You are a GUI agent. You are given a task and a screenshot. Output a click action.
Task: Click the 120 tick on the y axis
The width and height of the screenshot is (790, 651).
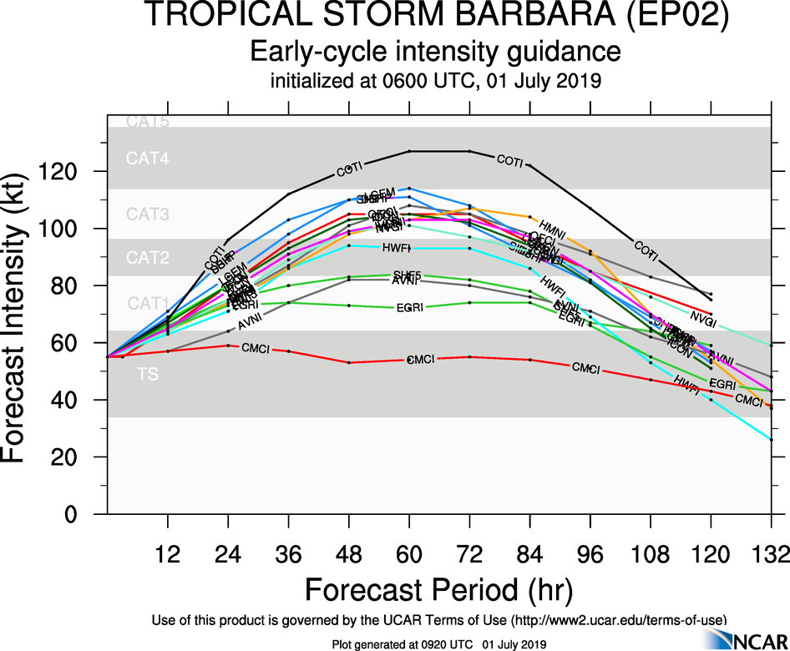pyautogui.click(x=65, y=171)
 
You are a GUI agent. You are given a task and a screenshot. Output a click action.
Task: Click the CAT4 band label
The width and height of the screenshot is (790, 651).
pyautogui.click(x=147, y=159)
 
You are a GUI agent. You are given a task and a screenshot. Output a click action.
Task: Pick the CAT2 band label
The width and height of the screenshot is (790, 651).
pyautogui.click(x=147, y=258)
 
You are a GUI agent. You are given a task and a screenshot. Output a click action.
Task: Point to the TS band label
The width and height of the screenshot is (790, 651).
pyautogui.click(x=147, y=374)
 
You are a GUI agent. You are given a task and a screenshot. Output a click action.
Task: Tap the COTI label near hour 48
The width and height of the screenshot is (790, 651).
pyautogui.click(x=349, y=169)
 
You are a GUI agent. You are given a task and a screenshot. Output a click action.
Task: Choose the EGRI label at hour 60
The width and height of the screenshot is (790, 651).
pyautogui.click(x=409, y=309)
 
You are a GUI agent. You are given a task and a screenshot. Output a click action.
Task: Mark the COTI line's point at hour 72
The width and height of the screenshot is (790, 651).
pyautogui.click(x=469, y=151)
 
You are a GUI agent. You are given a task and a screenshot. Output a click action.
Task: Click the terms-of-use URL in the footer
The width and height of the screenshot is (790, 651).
pyautogui.click(x=618, y=619)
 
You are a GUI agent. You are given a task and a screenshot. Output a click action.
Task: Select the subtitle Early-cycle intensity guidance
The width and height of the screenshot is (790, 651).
pyautogui.click(x=437, y=52)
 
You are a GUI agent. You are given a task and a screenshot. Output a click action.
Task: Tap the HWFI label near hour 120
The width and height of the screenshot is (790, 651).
pyautogui.click(x=686, y=384)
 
